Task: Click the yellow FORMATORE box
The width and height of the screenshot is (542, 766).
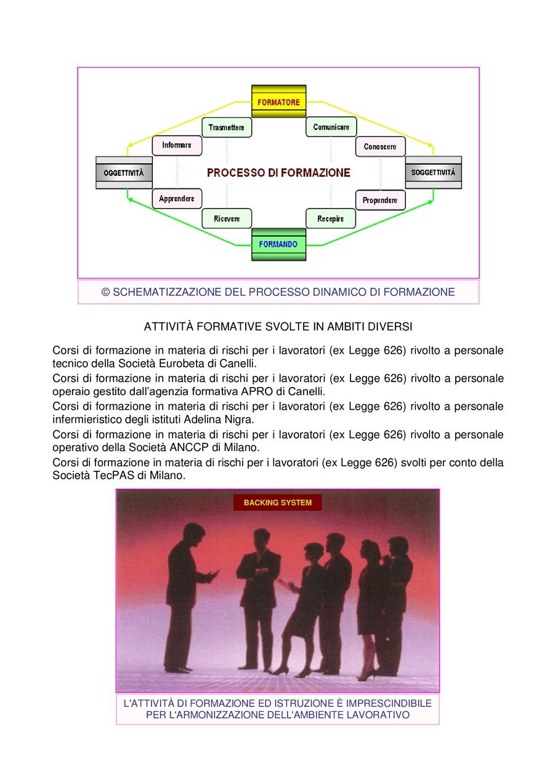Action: (x=278, y=102)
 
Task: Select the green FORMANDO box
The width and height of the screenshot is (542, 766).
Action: (x=278, y=244)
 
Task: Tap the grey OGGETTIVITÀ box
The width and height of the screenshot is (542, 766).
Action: (x=124, y=173)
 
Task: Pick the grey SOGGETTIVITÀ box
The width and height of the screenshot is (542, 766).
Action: (x=433, y=172)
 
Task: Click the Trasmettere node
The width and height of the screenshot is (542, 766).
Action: (x=227, y=127)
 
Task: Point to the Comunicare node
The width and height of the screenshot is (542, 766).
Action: (x=331, y=127)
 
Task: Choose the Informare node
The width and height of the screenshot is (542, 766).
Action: (x=177, y=145)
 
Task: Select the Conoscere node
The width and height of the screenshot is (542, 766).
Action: (x=380, y=146)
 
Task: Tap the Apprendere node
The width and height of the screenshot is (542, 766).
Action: (x=177, y=198)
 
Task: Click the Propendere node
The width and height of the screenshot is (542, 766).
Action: (x=380, y=200)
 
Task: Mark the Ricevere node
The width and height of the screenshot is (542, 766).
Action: (x=227, y=218)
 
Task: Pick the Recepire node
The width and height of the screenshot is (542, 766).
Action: (x=330, y=218)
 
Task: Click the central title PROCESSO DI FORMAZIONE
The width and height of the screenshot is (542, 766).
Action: (x=278, y=172)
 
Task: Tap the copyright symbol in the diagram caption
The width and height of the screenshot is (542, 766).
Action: (x=105, y=292)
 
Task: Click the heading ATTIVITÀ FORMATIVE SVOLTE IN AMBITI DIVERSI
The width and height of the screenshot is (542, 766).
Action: (x=278, y=327)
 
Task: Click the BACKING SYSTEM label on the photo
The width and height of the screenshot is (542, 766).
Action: (x=278, y=503)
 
